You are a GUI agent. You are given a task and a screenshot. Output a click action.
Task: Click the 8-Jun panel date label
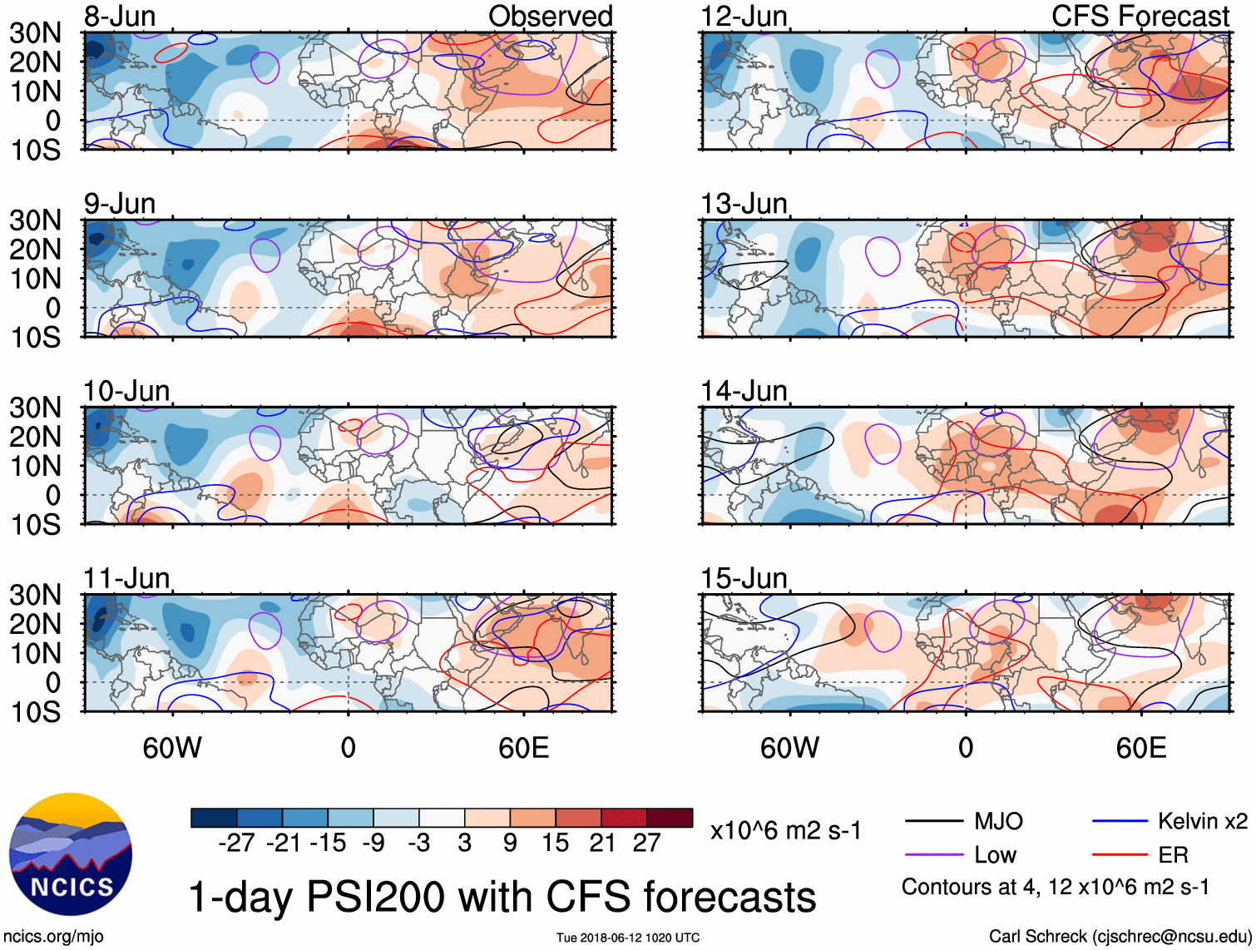(x=120, y=16)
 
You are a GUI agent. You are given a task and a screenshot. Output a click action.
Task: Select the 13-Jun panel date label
(x=744, y=203)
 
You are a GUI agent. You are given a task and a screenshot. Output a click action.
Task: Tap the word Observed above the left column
(x=550, y=16)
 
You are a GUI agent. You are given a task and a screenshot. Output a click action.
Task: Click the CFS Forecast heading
(x=1140, y=16)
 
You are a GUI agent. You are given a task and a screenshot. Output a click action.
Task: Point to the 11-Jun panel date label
(x=126, y=577)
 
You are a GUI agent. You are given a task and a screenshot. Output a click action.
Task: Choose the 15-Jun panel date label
(x=744, y=577)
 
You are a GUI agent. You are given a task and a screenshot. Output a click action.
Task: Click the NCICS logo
(x=71, y=854)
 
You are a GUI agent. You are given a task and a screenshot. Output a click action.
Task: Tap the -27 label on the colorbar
(x=236, y=843)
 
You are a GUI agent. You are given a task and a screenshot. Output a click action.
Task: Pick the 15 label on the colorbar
(x=555, y=843)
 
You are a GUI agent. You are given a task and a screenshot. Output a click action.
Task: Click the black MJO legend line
(x=934, y=822)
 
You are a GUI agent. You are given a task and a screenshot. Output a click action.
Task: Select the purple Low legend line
(x=934, y=854)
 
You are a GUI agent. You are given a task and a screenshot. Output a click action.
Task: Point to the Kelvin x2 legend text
(x=1202, y=822)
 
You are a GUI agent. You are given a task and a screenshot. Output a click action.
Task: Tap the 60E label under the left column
(x=523, y=748)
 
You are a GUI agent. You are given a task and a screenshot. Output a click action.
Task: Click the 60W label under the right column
(x=789, y=748)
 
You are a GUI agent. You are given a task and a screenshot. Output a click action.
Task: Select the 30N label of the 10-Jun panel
(x=35, y=408)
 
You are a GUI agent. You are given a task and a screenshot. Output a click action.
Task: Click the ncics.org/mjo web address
(x=53, y=936)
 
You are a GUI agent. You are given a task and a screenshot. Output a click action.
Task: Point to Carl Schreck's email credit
(x=1120, y=936)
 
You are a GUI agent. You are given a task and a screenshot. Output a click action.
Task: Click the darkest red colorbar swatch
(x=670, y=818)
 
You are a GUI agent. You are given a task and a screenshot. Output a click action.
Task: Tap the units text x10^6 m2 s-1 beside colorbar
(x=785, y=830)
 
